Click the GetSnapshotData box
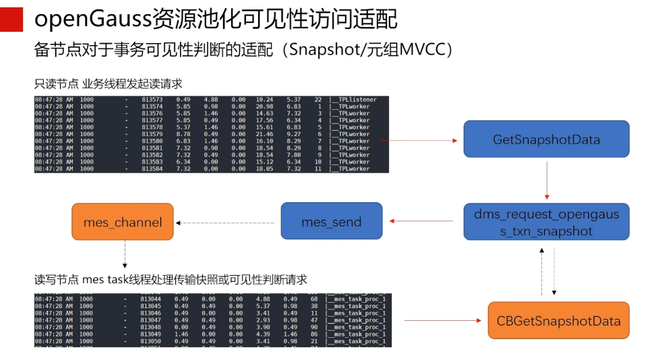pyautogui.click(x=546, y=140)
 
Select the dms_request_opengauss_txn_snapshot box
pyautogui.click(x=546, y=222)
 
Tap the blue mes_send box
pyautogui.click(x=331, y=221)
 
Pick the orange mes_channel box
pyautogui.click(x=123, y=222)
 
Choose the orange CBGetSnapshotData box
pyautogui.click(x=558, y=321)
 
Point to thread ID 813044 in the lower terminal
pyautogui.click(x=150, y=299)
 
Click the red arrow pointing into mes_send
pyautogui.click(x=421, y=221)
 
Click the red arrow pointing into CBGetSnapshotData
pyautogui.click(x=445, y=321)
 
